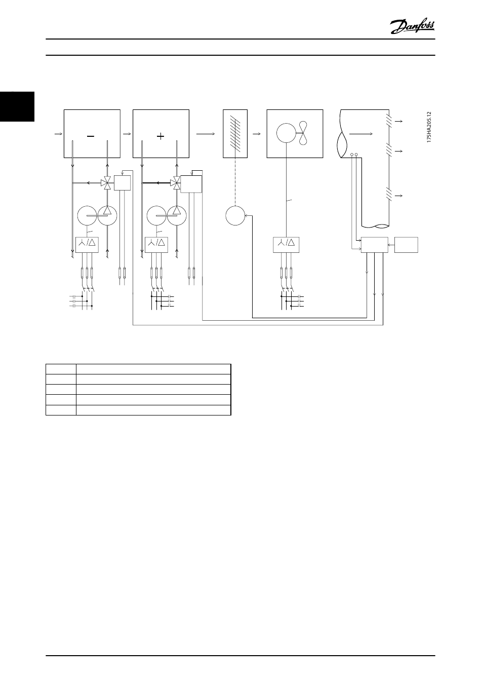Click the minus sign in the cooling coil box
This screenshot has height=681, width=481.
pos(92,136)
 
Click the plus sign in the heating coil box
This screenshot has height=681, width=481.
pos(161,136)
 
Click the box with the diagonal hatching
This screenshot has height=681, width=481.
pos(235,133)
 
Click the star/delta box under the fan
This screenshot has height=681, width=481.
pos(286,245)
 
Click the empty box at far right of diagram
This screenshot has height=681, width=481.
pos(407,245)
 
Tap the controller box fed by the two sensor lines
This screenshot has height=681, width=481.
pos(374,245)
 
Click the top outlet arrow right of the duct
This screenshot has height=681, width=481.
pos(399,122)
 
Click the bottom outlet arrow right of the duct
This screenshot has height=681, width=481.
pos(399,195)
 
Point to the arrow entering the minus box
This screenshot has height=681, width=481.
pos(58,133)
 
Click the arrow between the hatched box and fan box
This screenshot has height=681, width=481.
pos(257,133)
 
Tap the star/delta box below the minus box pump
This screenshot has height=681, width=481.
pos(87,245)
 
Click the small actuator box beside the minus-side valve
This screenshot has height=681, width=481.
pos(122,182)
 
